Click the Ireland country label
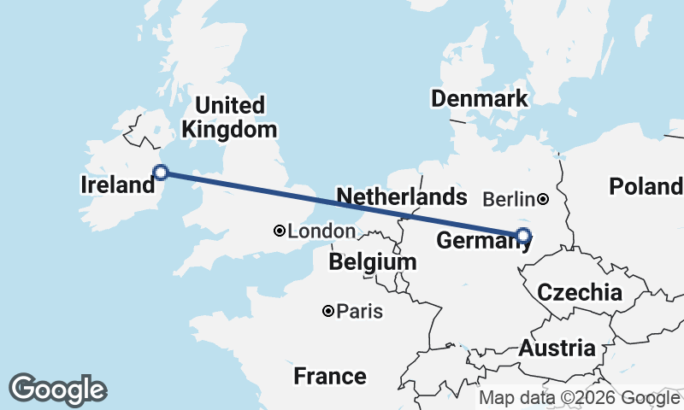tap(116, 185)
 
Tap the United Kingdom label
tap(230, 118)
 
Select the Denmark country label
tap(479, 99)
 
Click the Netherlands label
tap(402, 197)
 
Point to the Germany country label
tap(479, 242)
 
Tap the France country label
tap(330, 376)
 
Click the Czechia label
tap(580, 292)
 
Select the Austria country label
tap(557, 348)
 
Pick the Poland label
tap(646, 186)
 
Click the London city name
tap(321, 231)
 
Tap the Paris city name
tap(359, 312)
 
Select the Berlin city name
tap(510, 199)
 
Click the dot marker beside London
tap(280, 231)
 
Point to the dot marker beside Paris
tap(328, 312)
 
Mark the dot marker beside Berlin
tap(544, 199)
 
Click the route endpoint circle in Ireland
tap(160, 173)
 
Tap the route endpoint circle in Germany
tap(523, 235)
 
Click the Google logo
tap(57, 389)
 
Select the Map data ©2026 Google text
tap(579, 398)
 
